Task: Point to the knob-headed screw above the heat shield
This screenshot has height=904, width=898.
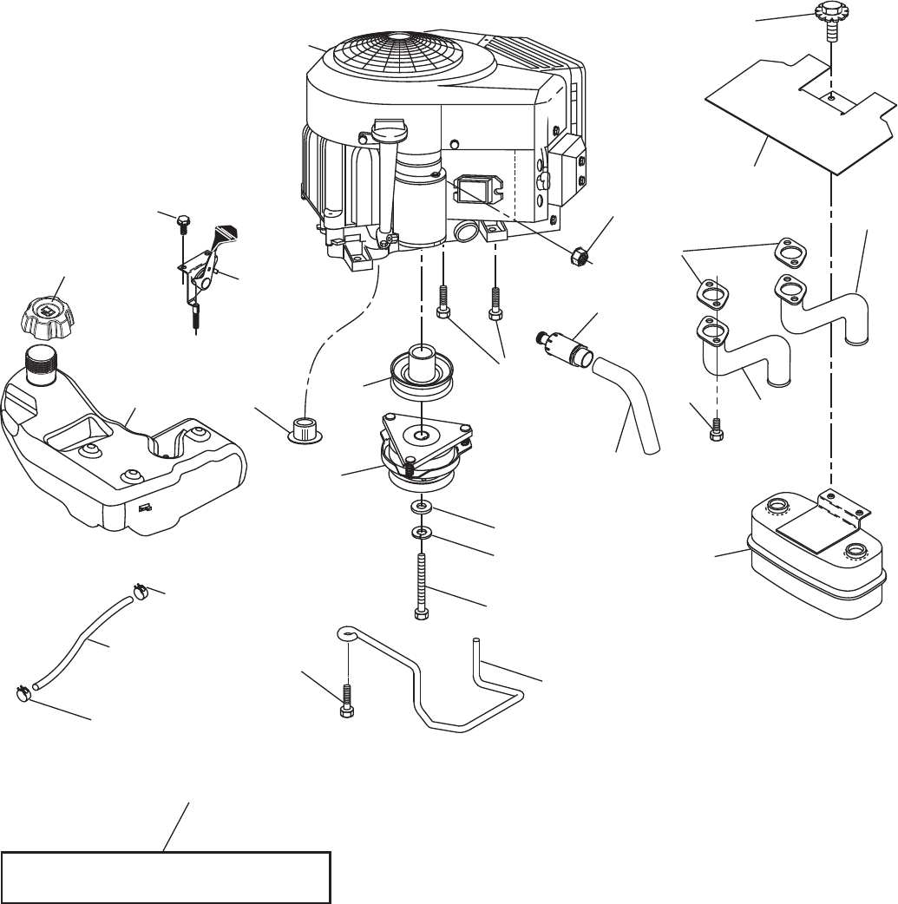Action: click(x=830, y=18)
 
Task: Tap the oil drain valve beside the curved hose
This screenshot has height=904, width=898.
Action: click(x=565, y=347)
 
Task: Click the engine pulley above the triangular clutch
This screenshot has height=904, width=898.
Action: click(x=421, y=370)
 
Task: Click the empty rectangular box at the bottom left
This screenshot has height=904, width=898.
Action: click(x=167, y=877)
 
